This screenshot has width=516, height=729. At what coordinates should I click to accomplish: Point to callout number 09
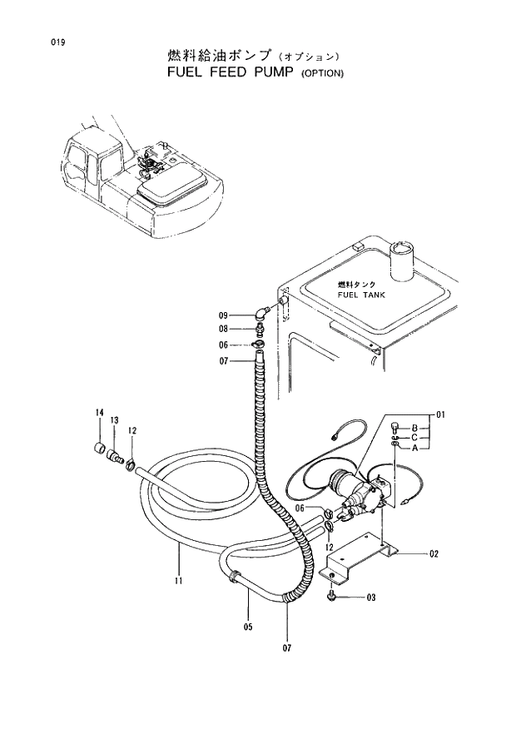223,315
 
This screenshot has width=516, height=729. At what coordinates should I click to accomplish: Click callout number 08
223,330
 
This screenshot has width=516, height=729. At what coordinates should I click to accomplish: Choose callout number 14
99,414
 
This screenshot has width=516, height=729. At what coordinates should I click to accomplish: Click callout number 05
247,627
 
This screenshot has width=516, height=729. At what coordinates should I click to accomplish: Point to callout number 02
434,553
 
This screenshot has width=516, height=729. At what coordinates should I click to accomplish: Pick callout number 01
441,414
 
